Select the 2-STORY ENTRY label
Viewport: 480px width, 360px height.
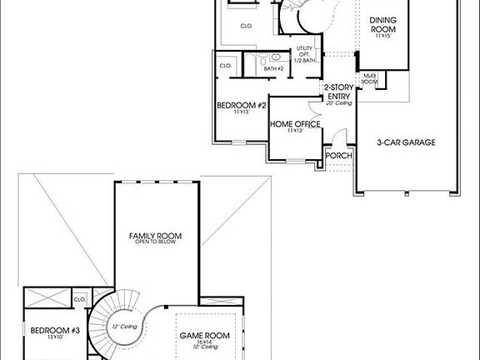[338, 92]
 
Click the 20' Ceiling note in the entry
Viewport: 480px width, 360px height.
[338, 103]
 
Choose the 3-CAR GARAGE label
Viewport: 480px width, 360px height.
[406, 142]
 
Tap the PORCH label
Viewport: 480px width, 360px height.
[337, 155]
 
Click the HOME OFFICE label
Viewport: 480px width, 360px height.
[294, 124]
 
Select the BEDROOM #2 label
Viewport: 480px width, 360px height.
[241, 106]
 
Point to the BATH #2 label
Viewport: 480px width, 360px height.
[274, 68]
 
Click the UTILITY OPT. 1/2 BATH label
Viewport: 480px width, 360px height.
[304, 54]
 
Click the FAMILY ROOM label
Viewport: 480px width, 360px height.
[155, 236]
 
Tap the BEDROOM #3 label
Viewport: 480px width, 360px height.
[54, 331]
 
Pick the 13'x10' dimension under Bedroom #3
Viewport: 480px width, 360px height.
[54, 339]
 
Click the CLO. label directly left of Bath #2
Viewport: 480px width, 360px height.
[225, 65]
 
